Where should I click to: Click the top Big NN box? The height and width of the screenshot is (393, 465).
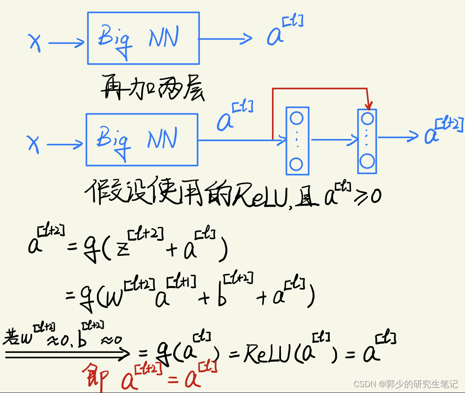coord(143,38)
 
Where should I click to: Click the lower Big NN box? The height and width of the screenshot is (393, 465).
coord(142,139)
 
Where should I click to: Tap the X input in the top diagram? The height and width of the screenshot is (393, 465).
coord(35,43)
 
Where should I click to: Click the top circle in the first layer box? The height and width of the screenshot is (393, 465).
coord(296,118)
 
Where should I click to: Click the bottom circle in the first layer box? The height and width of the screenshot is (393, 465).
coord(296,164)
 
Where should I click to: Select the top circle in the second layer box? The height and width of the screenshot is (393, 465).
coord(368,119)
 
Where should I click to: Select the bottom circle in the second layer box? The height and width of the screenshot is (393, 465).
coord(367,161)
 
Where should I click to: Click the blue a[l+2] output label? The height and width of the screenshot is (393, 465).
coord(442,131)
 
